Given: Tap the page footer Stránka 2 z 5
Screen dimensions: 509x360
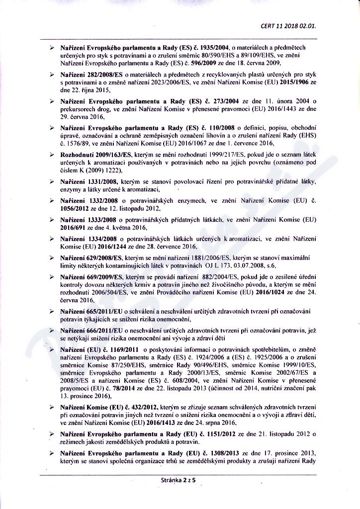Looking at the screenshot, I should click(180, 480).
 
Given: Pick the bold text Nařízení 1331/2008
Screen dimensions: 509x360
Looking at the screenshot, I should click(90, 181).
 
